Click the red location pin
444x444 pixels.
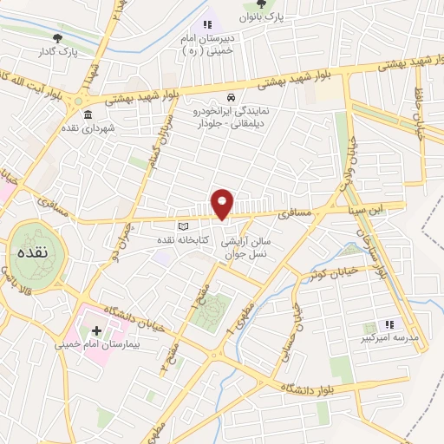223,203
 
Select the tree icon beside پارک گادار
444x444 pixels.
58,37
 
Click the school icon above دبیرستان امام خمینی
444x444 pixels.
206,24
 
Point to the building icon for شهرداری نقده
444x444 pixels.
88,113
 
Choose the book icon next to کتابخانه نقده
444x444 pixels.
181,227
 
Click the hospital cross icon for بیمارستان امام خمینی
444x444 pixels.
96,330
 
